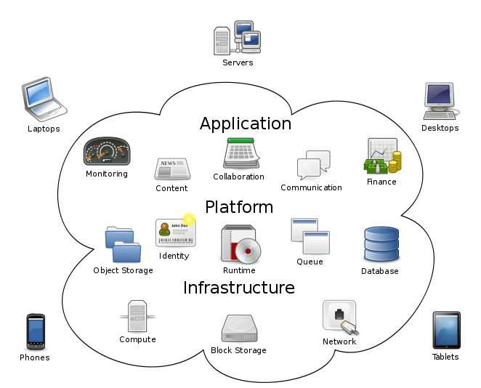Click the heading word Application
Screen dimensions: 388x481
click(x=245, y=124)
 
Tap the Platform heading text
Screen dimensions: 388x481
click(x=239, y=207)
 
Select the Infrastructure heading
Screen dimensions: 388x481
click(x=239, y=288)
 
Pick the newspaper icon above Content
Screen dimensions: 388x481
click(x=172, y=169)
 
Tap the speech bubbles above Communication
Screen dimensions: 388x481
click(x=313, y=165)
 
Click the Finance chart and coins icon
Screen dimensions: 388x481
click(x=382, y=156)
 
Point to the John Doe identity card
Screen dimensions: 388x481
click(x=175, y=233)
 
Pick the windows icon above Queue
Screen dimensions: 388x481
click(x=310, y=236)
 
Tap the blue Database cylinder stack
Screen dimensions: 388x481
click(x=381, y=244)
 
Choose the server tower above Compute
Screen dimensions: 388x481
click(x=137, y=316)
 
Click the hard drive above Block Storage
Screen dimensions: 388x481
click(x=238, y=328)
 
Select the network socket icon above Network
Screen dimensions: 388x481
click(x=340, y=318)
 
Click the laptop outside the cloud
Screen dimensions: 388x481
click(x=43, y=97)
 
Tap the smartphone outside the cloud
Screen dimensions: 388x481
click(x=36, y=331)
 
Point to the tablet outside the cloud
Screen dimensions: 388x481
click(x=446, y=331)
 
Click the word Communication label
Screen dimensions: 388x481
click(x=311, y=187)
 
